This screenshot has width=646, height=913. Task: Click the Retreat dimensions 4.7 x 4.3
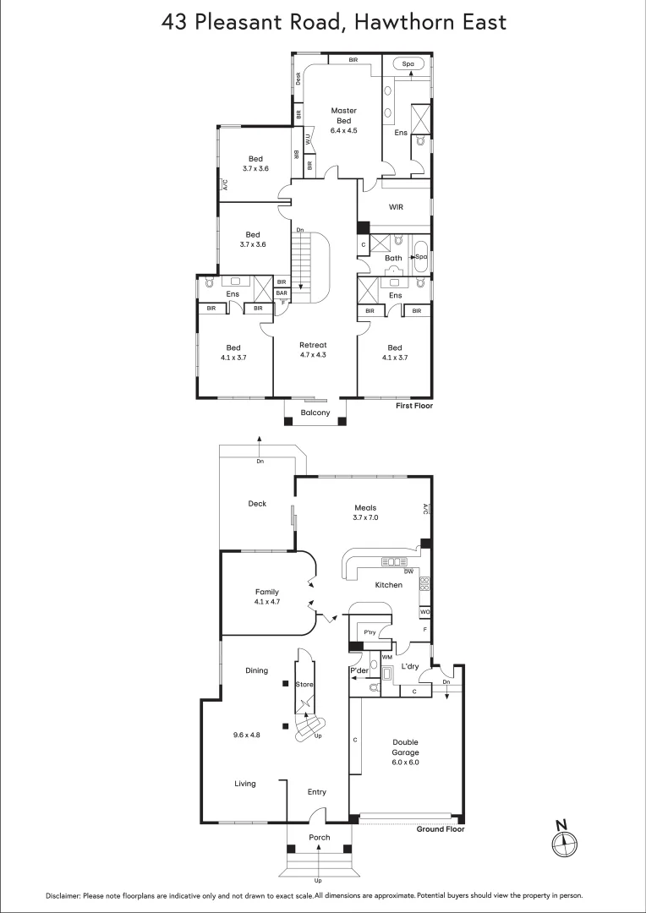313,355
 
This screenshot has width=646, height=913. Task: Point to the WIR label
396,206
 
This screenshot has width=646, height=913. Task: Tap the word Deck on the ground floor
257,504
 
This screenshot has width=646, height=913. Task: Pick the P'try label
370,632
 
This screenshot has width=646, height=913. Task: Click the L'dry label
409,667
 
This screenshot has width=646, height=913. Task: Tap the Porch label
319,838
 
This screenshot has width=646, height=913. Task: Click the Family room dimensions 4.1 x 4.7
266,602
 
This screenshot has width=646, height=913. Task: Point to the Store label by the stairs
304,686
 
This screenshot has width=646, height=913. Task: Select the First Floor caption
414,407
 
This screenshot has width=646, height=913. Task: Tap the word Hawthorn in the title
400,22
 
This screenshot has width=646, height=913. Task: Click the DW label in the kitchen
408,571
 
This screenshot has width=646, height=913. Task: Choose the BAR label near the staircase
281,293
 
